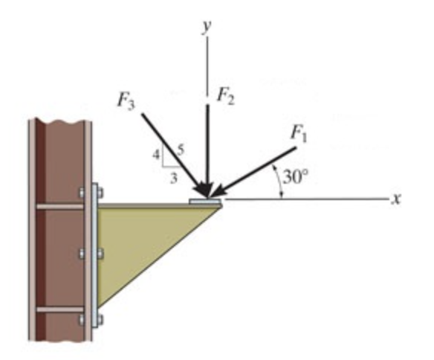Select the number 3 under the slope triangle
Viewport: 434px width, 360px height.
coord(173,178)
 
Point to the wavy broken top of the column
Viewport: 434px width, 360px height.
coord(59,121)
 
